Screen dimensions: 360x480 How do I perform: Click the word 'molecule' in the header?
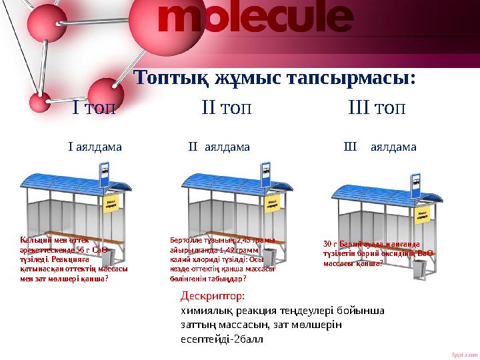click(x=255, y=22)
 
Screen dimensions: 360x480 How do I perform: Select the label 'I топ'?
click(x=93, y=107)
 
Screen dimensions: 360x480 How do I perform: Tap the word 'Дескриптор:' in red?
click(x=213, y=295)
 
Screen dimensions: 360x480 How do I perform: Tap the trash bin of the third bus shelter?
click(x=419, y=268)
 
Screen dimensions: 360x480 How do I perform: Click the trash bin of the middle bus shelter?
click(x=273, y=262)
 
